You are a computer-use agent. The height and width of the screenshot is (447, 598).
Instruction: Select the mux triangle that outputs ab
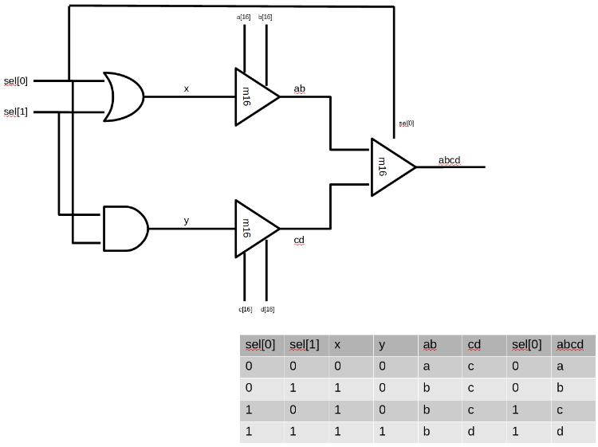[x=254, y=97]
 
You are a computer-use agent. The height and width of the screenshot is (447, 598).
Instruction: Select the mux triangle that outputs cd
[x=254, y=229]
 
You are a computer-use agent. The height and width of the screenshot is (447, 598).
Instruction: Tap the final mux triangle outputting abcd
[x=390, y=167]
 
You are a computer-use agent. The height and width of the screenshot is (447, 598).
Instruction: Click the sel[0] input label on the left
[x=16, y=80]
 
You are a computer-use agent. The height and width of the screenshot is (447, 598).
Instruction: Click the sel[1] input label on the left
[x=16, y=112]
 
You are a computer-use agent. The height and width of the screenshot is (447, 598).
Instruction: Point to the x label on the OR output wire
[x=187, y=88]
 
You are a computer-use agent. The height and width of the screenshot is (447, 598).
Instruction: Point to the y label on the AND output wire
[x=187, y=220]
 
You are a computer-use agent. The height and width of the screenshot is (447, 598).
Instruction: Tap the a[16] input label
[x=244, y=17]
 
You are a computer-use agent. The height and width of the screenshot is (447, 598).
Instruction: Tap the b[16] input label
[x=266, y=17]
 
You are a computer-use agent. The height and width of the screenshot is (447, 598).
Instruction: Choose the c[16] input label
[x=246, y=309]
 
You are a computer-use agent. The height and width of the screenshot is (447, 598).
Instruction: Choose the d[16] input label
[x=268, y=309]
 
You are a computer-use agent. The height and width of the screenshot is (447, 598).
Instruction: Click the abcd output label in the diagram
[x=450, y=160]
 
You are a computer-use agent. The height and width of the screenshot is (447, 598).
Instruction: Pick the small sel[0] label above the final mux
[x=407, y=124]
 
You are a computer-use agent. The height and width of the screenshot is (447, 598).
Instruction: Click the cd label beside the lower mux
[x=299, y=240]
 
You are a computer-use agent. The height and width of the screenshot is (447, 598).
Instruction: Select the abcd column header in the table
[x=571, y=345]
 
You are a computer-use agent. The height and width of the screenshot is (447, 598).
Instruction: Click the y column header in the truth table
[x=382, y=345]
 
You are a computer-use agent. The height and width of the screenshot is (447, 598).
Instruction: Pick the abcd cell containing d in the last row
[x=561, y=432]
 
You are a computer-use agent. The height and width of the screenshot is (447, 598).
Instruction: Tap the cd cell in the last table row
[x=471, y=432]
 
